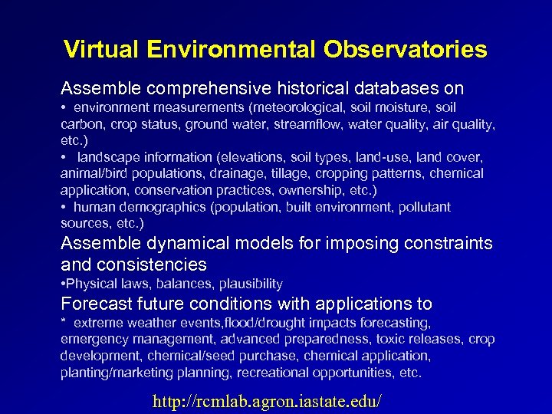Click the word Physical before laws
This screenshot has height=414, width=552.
[90, 284]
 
